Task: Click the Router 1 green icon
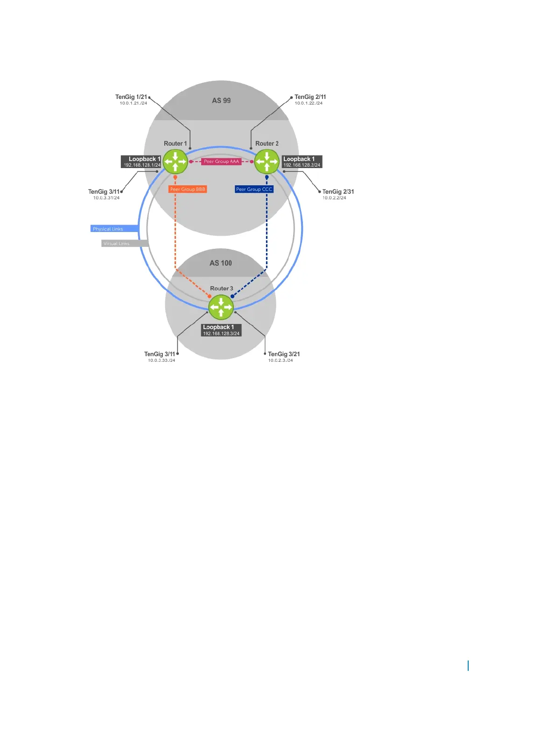point(175,162)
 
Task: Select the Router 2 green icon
point(267,162)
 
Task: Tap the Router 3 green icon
point(221,307)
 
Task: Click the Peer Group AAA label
point(221,162)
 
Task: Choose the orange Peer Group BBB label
point(188,189)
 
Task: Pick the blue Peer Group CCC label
point(254,189)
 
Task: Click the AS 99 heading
point(221,100)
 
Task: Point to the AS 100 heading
point(221,263)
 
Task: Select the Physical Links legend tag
point(114,229)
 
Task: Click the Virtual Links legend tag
point(124,243)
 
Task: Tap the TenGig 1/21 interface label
point(131,97)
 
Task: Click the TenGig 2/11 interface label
point(310,97)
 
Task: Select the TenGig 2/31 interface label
point(338,191)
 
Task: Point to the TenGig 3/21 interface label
point(284,354)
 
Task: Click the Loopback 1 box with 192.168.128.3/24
point(221,330)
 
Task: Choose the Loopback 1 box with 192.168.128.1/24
point(141,162)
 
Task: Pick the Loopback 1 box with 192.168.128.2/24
point(302,162)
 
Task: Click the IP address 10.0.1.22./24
point(309,103)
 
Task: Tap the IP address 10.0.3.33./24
point(162,360)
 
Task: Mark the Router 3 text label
point(221,288)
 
